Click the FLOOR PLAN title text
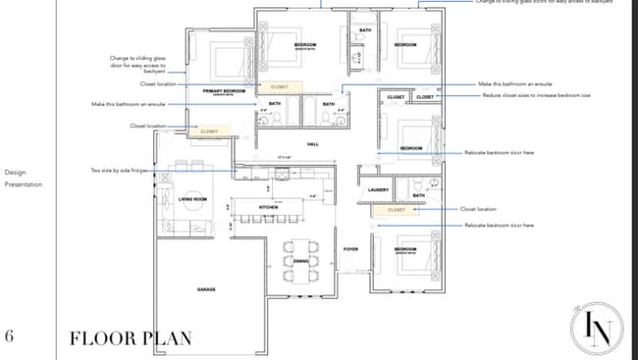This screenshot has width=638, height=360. click(130, 338)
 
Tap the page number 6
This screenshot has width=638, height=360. click(10, 336)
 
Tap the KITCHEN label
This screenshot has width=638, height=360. click(269, 207)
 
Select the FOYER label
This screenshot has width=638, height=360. click(350, 249)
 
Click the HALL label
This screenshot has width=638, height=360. click(313, 144)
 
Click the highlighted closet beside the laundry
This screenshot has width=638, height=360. click(397, 209)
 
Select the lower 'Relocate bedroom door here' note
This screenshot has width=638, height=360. click(500, 226)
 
